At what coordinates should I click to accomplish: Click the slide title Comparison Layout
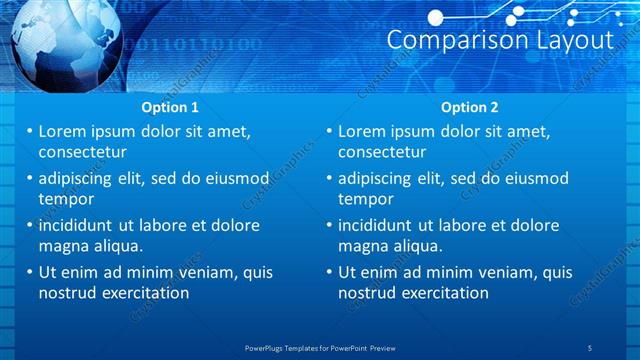(x=499, y=40)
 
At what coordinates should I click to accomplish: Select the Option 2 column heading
(x=469, y=108)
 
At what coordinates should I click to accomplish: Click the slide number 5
(x=591, y=347)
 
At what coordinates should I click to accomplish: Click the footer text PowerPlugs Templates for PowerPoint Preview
(x=320, y=347)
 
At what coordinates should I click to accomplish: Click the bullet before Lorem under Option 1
(x=30, y=132)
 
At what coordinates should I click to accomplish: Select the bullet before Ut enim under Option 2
(x=330, y=272)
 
